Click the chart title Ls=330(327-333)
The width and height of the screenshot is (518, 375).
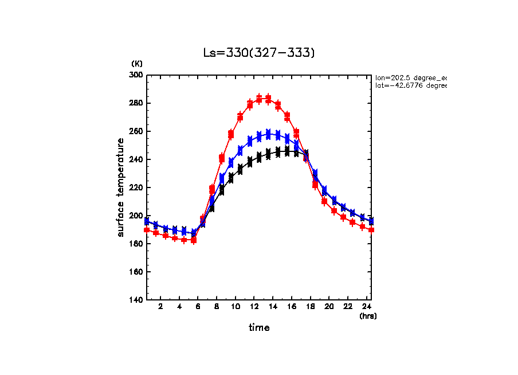pyautogui.click(x=259, y=53)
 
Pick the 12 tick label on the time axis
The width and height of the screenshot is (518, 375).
pyautogui.click(x=254, y=307)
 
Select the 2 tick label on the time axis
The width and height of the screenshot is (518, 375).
pyautogui.click(x=160, y=307)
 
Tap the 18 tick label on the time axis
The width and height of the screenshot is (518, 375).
pyautogui.click(x=310, y=307)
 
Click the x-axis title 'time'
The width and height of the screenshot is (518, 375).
pyautogui.click(x=259, y=328)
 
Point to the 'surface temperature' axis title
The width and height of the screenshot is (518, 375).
pyautogui.click(x=121, y=187)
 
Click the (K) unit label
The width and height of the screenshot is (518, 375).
pyautogui.click(x=137, y=64)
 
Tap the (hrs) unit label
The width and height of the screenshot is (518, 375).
pyautogui.click(x=368, y=316)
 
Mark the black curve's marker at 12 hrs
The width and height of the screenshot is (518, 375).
pyautogui.click(x=250, y=161)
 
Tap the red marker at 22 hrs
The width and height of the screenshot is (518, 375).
pyautogui.click(x=343, y=217)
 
